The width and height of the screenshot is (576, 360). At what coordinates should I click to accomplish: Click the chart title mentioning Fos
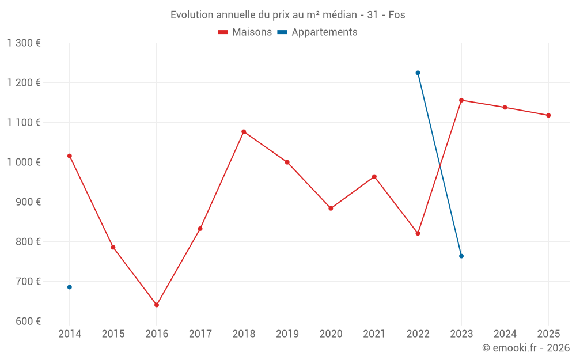pos(287,15)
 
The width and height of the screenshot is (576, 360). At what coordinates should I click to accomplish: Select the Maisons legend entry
pos(245,32)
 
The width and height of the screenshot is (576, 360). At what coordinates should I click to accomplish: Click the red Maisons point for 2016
pos(157,305)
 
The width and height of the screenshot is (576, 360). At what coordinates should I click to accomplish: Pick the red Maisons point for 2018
pos(244,132)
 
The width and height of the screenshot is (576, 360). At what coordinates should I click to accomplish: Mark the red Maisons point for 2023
pos(461,100)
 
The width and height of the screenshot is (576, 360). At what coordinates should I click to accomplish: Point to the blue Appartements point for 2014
pos(70,287)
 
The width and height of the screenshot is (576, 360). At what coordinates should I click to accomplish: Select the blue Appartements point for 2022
pos(418,73)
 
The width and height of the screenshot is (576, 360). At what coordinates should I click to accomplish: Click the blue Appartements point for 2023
pos(461,256)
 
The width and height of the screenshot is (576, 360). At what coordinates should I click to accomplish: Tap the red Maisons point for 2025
pos(548,115)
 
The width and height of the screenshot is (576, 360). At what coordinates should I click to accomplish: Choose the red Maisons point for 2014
pos(70,156)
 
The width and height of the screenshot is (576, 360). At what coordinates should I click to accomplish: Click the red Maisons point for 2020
pos(331,209)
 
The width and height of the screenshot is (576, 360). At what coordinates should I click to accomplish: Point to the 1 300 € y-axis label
pos(24,43)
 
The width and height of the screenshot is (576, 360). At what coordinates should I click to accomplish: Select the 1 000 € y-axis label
pos(24,162)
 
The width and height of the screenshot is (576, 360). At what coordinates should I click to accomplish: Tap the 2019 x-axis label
pos(287,334)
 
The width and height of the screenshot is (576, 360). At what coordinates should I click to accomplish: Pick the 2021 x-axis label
pos(374,334)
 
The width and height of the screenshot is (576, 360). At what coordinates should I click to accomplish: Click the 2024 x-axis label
pos(505,334)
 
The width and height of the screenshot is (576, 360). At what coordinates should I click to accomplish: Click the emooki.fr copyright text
pos(525,348)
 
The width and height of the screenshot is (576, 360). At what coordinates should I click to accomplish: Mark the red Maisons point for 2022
pos(418,233)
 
